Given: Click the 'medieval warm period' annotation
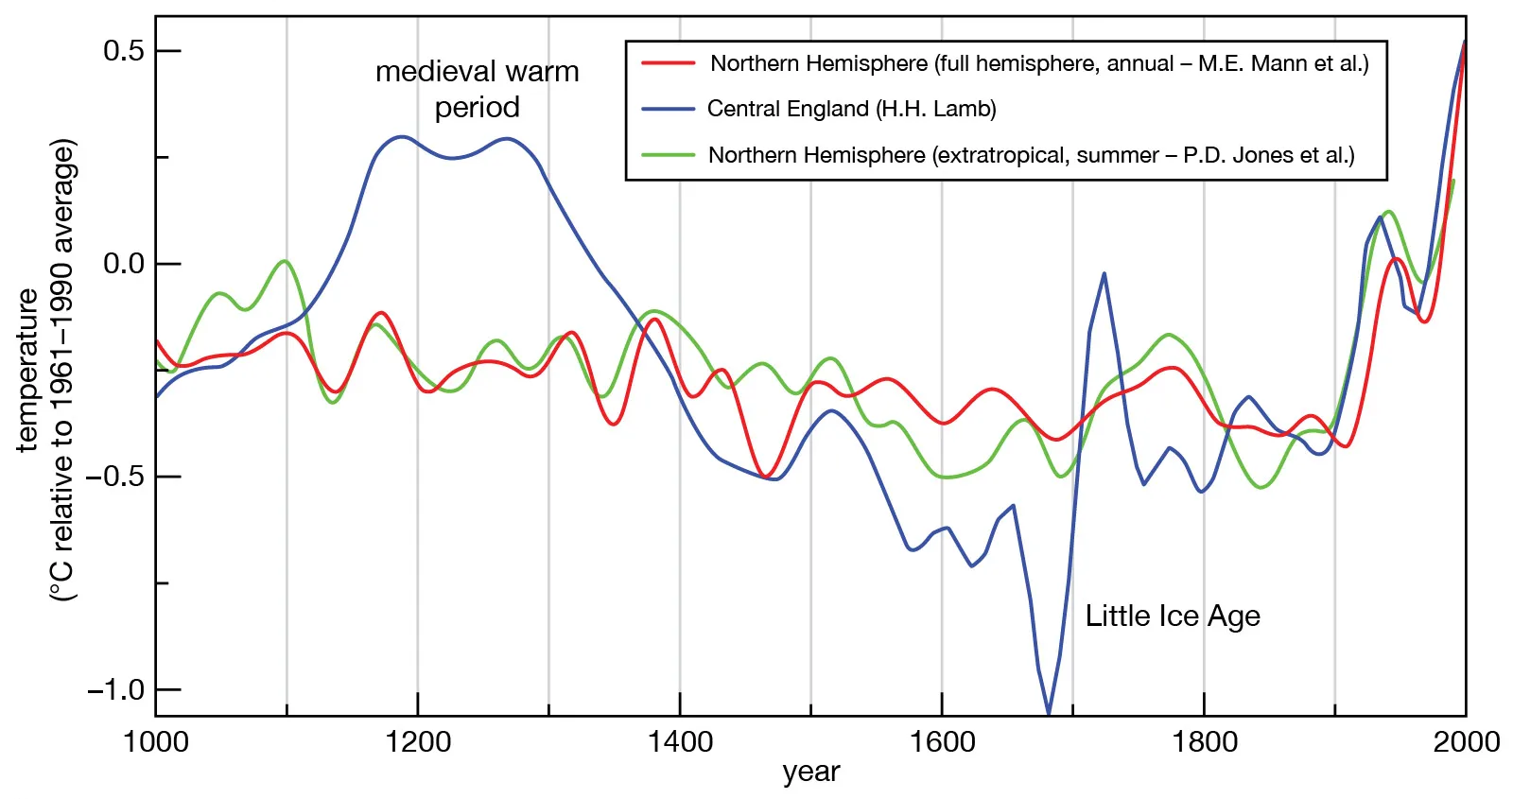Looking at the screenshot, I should pos(477,89).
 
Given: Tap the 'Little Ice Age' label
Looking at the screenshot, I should pos(1172,616).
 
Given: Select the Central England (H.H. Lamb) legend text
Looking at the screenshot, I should pos(851,109).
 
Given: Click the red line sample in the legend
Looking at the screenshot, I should pos(668,63).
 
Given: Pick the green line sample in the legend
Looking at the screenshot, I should pos(668,155).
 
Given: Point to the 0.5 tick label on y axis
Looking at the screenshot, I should pos(124,50).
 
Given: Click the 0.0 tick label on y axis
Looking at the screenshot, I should pos(124,263).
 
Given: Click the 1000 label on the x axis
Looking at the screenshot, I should pos(156,741).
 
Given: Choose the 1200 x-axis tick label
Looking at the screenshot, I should pos(418,741).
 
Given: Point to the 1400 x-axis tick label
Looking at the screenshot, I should pos(680,741).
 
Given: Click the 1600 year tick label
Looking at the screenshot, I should pos(942,741).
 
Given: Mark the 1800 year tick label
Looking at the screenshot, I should pos(1204,741).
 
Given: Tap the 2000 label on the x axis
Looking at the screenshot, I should pos(1466,741).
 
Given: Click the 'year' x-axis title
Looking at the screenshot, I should pos(810,772).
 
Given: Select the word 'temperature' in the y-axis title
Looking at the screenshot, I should pos(27,370).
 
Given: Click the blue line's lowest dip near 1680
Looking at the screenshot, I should pos(1048,711).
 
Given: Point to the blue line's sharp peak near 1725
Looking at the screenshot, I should pos(1104,274).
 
